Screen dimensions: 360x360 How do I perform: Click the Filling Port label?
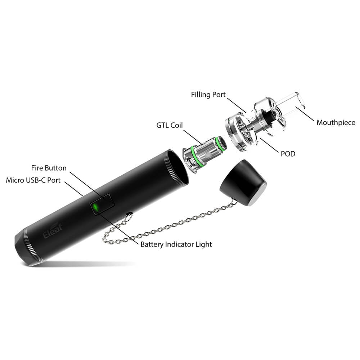pyautogui.click(x=208, y=95)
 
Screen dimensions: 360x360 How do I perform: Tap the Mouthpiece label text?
pyautogui.click(x=336, y=123)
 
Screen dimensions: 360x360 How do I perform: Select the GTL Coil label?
pyautogui.click(x=170, y=125)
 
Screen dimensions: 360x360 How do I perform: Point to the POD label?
pyautogui.click(x=288, y=154)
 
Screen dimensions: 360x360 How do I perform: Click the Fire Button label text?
pyautogui.click(x=49, y=168)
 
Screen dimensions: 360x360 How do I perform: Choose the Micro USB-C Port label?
pyautogui.click(x=33, y=180)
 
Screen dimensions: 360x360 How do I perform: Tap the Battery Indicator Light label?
pyautogui.click(x=176, y=244)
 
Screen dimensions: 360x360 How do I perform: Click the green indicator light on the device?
pyautogui.click(x=95, y=208)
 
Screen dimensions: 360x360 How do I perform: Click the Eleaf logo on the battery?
pyautogui.click(x=53, y=231)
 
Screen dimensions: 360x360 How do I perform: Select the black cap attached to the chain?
pyautogui.click(x=243, y=183)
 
